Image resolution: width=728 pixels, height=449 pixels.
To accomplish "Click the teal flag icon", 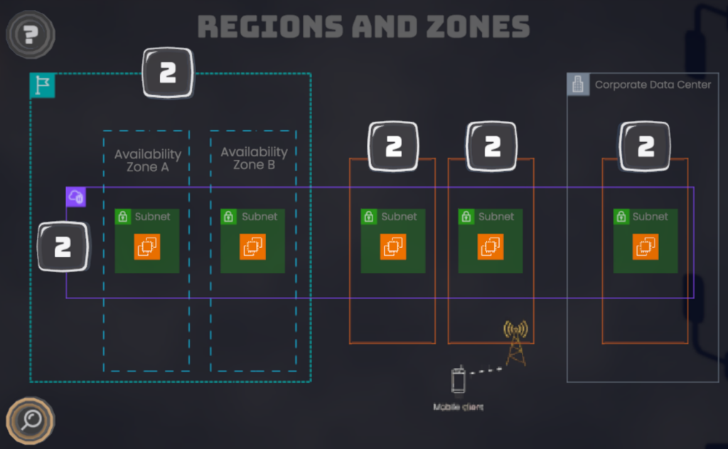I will [x=42, y=85].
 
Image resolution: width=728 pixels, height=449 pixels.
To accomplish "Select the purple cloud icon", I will [x=75, y=197].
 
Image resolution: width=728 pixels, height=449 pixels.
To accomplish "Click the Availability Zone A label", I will [x=148, y=161].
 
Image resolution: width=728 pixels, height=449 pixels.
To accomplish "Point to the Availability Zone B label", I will [x=254, y=158].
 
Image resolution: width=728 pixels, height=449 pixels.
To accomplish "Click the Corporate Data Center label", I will [x=653, y=85].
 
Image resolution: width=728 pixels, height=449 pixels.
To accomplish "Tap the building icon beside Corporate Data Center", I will [x=578, y=85].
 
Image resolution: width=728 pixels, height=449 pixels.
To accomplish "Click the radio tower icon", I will [x=515, y=342].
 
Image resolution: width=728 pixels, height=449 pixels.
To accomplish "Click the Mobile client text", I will [x=458, y=407].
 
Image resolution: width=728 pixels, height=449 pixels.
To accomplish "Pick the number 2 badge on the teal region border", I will [x=168, y=72].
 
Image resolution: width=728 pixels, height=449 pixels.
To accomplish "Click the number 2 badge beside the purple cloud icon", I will [x=63, y=247].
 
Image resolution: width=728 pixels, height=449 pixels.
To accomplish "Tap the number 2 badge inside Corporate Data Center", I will [x=646, y=146].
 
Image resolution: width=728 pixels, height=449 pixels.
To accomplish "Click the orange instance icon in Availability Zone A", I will [x=147, y=247].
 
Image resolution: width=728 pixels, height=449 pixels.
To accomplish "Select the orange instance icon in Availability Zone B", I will [x=252, y=247].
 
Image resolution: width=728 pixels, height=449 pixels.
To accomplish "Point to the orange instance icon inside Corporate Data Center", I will [x=646, y=247].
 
